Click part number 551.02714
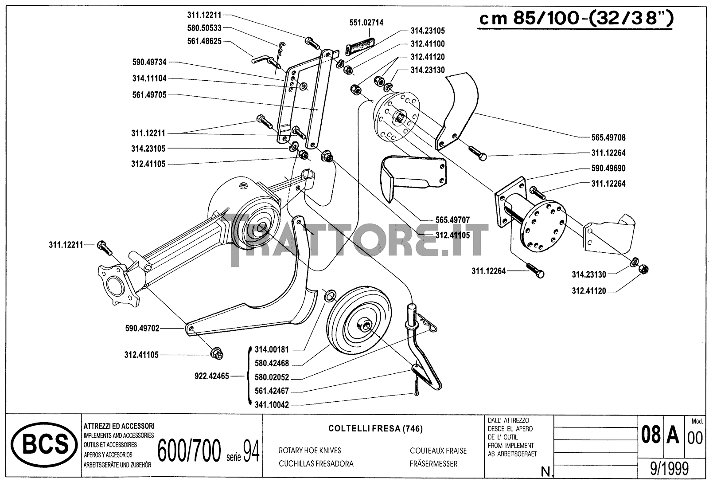[366, 23]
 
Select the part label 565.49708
[608, 137]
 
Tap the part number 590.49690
[608, 168]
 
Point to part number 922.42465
[212, 376]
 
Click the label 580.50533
[204, 28]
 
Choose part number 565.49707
[452, 219]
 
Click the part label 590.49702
[142, 328]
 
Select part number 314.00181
[272, 349]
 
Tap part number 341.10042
[272, 405]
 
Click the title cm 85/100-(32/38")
[576, 19]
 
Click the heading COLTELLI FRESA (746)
[375, 428]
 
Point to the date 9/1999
[669, 469]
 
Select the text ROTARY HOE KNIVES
[310, 451]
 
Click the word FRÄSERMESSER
[434, 464]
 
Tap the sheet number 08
[651, 435]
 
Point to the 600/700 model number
[189, 451]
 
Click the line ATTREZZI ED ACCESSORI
[119, 426]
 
